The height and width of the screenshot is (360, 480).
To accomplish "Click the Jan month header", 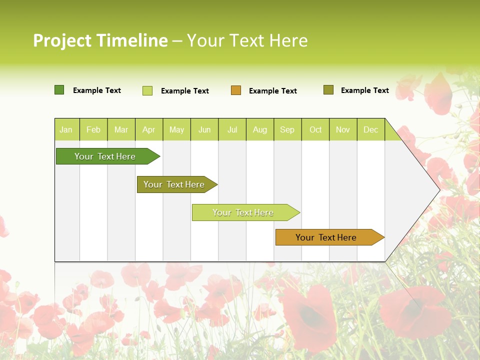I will pos(66,130).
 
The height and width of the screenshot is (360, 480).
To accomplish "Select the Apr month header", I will pos(148,130).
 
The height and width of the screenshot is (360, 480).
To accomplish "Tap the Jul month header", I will pos(232,130).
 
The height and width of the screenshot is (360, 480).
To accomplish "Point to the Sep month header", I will pos(287,130).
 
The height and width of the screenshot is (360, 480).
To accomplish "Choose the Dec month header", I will pos(370,130).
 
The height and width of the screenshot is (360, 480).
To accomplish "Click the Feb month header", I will pos(93,130).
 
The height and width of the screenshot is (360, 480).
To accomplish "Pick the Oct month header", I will pos(315,130).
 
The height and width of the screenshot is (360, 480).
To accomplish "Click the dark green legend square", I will pos(59,90).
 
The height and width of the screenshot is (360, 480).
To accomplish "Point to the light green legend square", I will pos(147,90).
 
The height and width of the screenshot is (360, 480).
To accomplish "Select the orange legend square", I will pos(236,90).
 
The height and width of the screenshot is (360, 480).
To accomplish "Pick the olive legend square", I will pos(328,90).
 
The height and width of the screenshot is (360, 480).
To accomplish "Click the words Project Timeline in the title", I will pos(100,40).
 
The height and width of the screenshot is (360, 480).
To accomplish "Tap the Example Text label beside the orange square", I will pos(272,91).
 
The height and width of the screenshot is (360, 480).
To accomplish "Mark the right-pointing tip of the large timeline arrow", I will pos(439,189).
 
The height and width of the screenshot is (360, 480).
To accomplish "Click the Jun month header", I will pos(204,130).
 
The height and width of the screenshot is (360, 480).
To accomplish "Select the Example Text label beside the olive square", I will pos(364,90).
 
